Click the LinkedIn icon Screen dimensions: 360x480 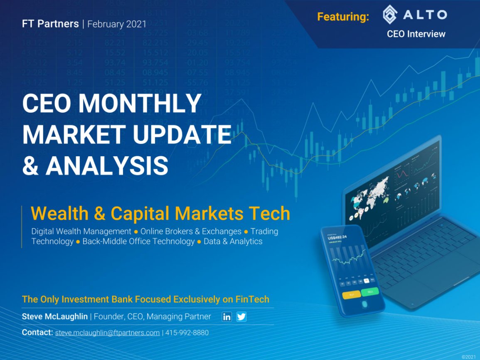click(x=227, y=317)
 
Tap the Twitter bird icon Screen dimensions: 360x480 click(x=241, y=317)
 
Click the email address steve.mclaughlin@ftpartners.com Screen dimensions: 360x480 click(x=107, y=333)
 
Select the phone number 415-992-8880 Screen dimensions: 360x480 click(x=187, y=333)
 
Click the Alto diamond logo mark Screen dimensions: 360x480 click(x=390, y=15)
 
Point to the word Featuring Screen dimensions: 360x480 click(x=343, y=17)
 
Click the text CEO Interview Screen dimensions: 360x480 click(x=416, y=34)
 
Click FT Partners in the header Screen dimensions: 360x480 click(x=51, y=24)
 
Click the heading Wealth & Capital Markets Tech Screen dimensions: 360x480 click(x=160, y=214)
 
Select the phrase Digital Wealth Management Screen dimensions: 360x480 click(x=81, y=231)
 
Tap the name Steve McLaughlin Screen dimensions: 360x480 click(x=54, y=317)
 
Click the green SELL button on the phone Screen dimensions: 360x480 click(x=369, y=291)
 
